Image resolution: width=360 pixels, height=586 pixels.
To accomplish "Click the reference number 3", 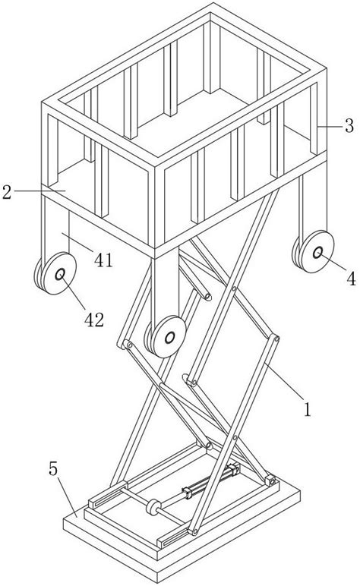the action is [349, 126].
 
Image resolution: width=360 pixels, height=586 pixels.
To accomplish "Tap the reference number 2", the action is [7, 191].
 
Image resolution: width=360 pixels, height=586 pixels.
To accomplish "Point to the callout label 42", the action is [94, 320].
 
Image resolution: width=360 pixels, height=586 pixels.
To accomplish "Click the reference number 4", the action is [351, 279].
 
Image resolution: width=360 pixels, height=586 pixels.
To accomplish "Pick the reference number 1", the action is [308, 409].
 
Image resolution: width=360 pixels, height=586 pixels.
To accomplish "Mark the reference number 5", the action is [53, 468].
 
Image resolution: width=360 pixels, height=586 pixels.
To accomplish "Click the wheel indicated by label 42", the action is [56, 273].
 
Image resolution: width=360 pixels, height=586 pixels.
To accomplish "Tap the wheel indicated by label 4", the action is [314, 251].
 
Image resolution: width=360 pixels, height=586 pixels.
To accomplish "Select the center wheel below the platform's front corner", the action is [166, 337].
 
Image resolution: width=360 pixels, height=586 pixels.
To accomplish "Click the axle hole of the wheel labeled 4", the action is [317, 253].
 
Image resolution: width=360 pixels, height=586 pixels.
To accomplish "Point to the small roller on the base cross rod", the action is [153, 507].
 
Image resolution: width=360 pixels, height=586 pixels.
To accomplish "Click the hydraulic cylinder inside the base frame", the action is [211, 480].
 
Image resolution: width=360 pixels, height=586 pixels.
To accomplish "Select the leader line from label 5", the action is [68, 496].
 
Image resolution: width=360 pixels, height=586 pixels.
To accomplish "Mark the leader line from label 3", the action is [330, 127].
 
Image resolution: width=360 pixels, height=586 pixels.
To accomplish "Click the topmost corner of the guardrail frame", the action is [213, 3].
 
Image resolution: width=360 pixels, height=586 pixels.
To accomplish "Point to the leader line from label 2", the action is [40, 191].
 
